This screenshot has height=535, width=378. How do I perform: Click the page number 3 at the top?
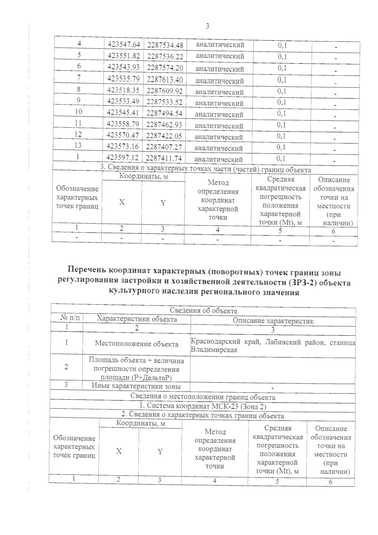click(x=208, y=26)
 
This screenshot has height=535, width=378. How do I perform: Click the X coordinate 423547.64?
click(x=124, y=44)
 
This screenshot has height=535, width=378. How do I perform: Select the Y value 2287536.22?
click(x=165, y=57)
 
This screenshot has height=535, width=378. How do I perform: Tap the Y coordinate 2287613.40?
click(x=165, y=80)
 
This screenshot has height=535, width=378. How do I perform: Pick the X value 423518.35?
click(x=123, y=90)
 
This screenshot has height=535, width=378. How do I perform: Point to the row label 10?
click(x=78, y=112)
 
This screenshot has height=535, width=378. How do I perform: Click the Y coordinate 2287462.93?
click(x=164, y=125)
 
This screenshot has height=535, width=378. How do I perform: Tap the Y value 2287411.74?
click(x=164, y=158)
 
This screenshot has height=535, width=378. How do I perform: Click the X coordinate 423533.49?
click(x=123, y=101)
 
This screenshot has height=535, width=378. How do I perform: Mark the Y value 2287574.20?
click(x=165, y=68)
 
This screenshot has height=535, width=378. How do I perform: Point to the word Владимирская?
click(x=214, y=350)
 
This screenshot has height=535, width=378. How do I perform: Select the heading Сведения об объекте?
click(x=203, y=311)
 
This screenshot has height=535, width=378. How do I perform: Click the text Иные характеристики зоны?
click(x=136, y=386)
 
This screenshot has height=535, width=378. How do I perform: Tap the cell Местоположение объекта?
click(x=136, y=344)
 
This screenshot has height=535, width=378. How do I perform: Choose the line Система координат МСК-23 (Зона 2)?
click(x=203, y=406)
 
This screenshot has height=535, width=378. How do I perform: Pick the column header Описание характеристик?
click(x=273, y=321)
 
